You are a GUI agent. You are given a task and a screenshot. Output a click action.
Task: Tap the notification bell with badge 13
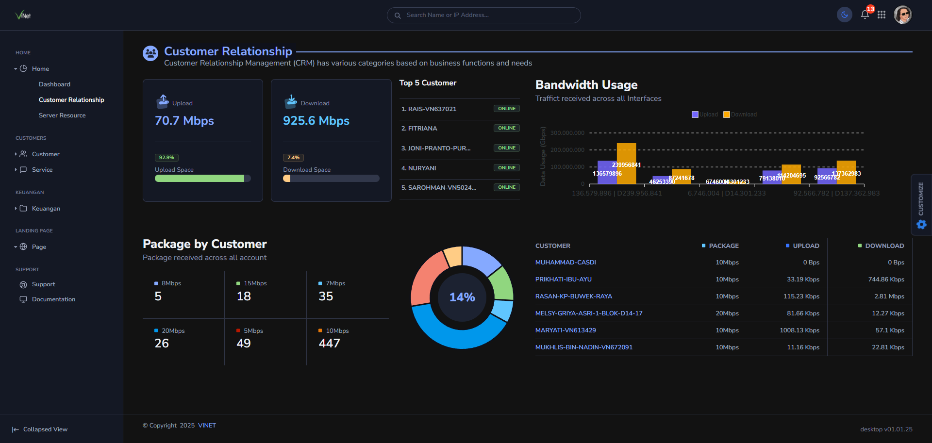pos(865,15)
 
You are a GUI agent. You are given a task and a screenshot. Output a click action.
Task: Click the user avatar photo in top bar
pos(902,15)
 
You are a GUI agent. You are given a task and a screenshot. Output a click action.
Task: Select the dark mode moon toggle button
pos(845,15)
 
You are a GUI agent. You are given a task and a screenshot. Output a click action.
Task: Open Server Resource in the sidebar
pos(62,115)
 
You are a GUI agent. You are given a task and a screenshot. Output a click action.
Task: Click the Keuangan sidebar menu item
pos(46,209)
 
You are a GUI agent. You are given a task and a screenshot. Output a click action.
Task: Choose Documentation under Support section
pos(53,299)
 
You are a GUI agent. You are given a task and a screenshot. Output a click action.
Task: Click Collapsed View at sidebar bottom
pos(45,429)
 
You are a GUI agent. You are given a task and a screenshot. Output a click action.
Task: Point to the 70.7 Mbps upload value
pos(184,121)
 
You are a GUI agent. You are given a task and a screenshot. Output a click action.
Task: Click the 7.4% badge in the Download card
pos(293,158)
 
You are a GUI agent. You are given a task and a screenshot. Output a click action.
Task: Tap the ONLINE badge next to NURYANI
pos(506,168)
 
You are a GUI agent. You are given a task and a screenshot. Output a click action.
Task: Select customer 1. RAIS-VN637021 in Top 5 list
pos(429,109)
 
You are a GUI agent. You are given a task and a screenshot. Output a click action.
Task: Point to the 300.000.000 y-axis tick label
pos(567,133)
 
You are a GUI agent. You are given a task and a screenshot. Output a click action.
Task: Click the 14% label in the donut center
pos(462,297)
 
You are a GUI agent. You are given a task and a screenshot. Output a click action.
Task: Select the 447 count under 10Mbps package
pos(329,344)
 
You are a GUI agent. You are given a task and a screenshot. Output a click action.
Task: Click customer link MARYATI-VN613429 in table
pos(566,330)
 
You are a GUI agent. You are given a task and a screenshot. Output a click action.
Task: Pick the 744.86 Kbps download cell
pos(886,279)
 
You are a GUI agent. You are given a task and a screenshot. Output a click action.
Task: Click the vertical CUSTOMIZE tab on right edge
pos(921,204)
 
